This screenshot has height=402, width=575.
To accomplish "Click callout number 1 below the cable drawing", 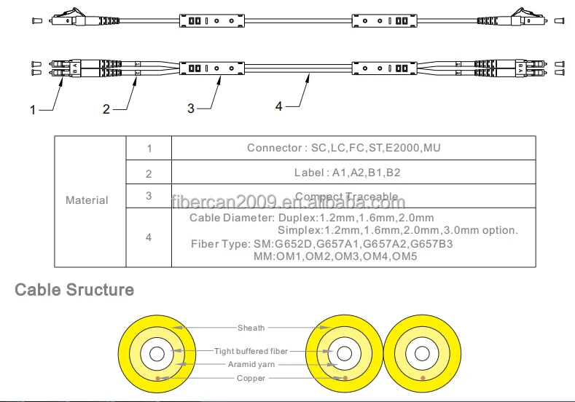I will click(32, 111).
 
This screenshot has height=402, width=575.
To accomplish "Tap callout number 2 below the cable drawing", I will click(106, 109).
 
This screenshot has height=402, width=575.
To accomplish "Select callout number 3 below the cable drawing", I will click(191, 108).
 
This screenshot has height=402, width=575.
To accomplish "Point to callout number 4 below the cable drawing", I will click(278, 106).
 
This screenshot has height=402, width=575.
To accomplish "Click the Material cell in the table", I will click(87, 200).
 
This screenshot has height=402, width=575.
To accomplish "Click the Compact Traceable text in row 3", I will click(346, 197).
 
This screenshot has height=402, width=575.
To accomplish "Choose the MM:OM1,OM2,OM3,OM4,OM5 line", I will click(335, 256).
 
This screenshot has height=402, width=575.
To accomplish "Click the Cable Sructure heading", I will click(74, 290).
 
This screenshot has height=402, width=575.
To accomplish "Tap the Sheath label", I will click(251, 328).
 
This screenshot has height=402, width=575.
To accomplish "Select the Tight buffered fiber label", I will click(251, 351).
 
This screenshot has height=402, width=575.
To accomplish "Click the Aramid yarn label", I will click(251, 364).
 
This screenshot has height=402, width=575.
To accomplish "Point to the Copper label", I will click(251, 378).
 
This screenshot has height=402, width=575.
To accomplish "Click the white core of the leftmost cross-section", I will click(156, 355).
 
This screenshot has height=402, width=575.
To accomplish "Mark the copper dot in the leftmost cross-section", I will click(167, 377).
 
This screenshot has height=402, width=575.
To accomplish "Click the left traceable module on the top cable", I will click(211, 19).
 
